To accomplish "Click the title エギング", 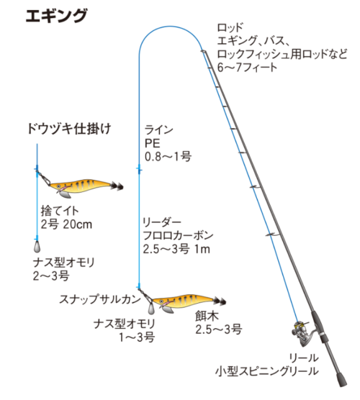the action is coord(56,16).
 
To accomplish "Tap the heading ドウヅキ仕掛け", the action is coord(69,128).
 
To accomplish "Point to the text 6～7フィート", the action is coord(247,68).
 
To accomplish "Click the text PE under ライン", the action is coord(152,143).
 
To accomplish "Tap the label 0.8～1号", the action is coord(168,157).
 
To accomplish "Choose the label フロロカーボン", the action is coord(178,235).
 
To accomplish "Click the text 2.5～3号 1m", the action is coord(176,249).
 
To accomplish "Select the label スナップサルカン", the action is coord(100,299).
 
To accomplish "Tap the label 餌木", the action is coord(207,316).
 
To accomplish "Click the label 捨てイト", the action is coord(60,211).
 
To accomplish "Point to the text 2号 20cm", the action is coord(66,224).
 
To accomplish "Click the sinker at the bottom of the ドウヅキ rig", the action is coord(37,246).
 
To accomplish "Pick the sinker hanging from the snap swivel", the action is coord(151,308).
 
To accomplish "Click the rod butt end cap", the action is coord(341,380).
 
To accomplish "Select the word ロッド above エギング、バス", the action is coord(230,27).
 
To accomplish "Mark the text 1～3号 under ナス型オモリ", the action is coord(137,337).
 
